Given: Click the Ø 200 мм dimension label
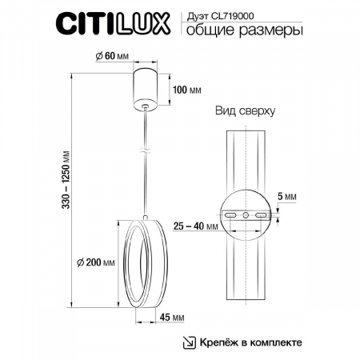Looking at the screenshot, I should [x=94, y=263].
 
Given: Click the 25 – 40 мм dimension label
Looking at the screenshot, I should [x=197, y=227].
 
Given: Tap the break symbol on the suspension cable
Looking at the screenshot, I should [x=144, y=150].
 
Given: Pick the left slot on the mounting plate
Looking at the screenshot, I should [x=230, y=216].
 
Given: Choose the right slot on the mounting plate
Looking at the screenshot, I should [x=261, y=216].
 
